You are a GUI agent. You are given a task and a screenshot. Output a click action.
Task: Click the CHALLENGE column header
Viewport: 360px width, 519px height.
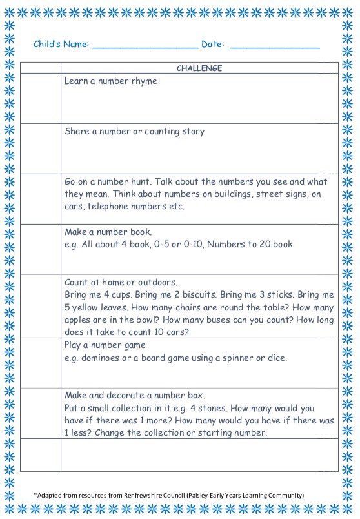(x=199, y=68)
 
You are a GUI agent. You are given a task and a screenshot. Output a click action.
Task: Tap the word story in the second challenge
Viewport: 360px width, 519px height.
(x=191, y=132)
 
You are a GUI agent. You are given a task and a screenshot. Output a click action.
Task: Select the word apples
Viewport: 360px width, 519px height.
(x=79, y=320)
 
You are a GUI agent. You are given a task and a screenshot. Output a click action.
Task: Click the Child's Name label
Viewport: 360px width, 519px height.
(x=61, y=45)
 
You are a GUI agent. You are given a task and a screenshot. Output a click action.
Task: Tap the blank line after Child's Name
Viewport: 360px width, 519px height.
(x=145, y=46)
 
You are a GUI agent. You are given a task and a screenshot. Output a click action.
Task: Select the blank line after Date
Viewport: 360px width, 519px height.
(x=274, y=46)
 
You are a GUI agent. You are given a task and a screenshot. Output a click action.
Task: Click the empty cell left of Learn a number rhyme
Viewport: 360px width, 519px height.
(x=41, y=98)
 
